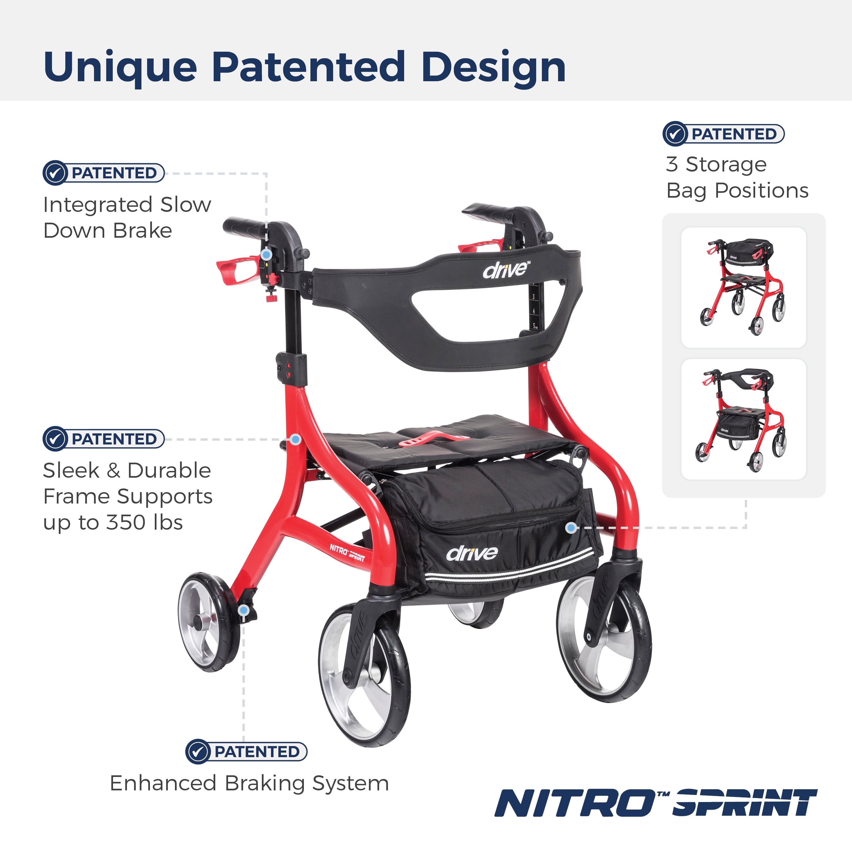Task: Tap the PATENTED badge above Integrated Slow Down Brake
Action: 104,173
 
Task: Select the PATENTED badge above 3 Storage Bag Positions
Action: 724,133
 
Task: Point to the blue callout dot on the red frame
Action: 296,440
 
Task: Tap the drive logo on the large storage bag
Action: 472,553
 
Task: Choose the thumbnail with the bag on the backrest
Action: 744,287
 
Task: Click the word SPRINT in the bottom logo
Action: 745,803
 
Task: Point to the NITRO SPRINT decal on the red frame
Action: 348,553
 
